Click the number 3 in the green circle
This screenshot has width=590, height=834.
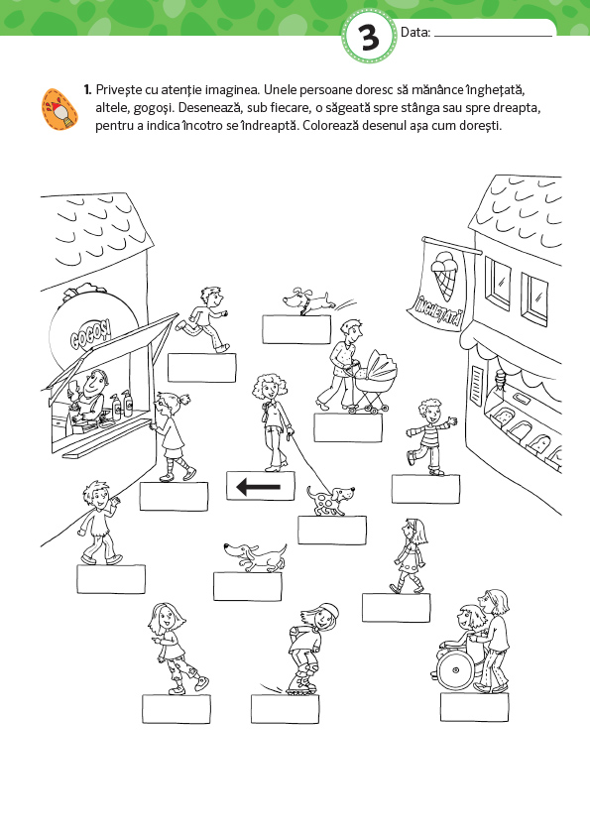[x=370, y=38]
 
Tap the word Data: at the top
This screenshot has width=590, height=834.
[x=415, y=33]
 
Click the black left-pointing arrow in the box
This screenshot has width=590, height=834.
[x=258, y=486]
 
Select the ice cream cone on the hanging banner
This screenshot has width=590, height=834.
[x=446, y=275]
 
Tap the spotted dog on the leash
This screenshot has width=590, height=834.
[x=329, y=500]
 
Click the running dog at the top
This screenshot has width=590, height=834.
[x=309, y=301]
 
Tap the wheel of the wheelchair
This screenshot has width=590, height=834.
[x=455, y=668]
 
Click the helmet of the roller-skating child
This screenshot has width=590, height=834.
[x=330, y=612]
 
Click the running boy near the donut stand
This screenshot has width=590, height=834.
[x=203, y=319]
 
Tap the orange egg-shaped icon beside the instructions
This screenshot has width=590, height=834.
[x=59, y=109]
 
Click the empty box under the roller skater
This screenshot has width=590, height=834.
[x=286, y=708]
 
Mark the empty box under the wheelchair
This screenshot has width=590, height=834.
[x=475, y=707]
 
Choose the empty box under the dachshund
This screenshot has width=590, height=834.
[x=247, y=587]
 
